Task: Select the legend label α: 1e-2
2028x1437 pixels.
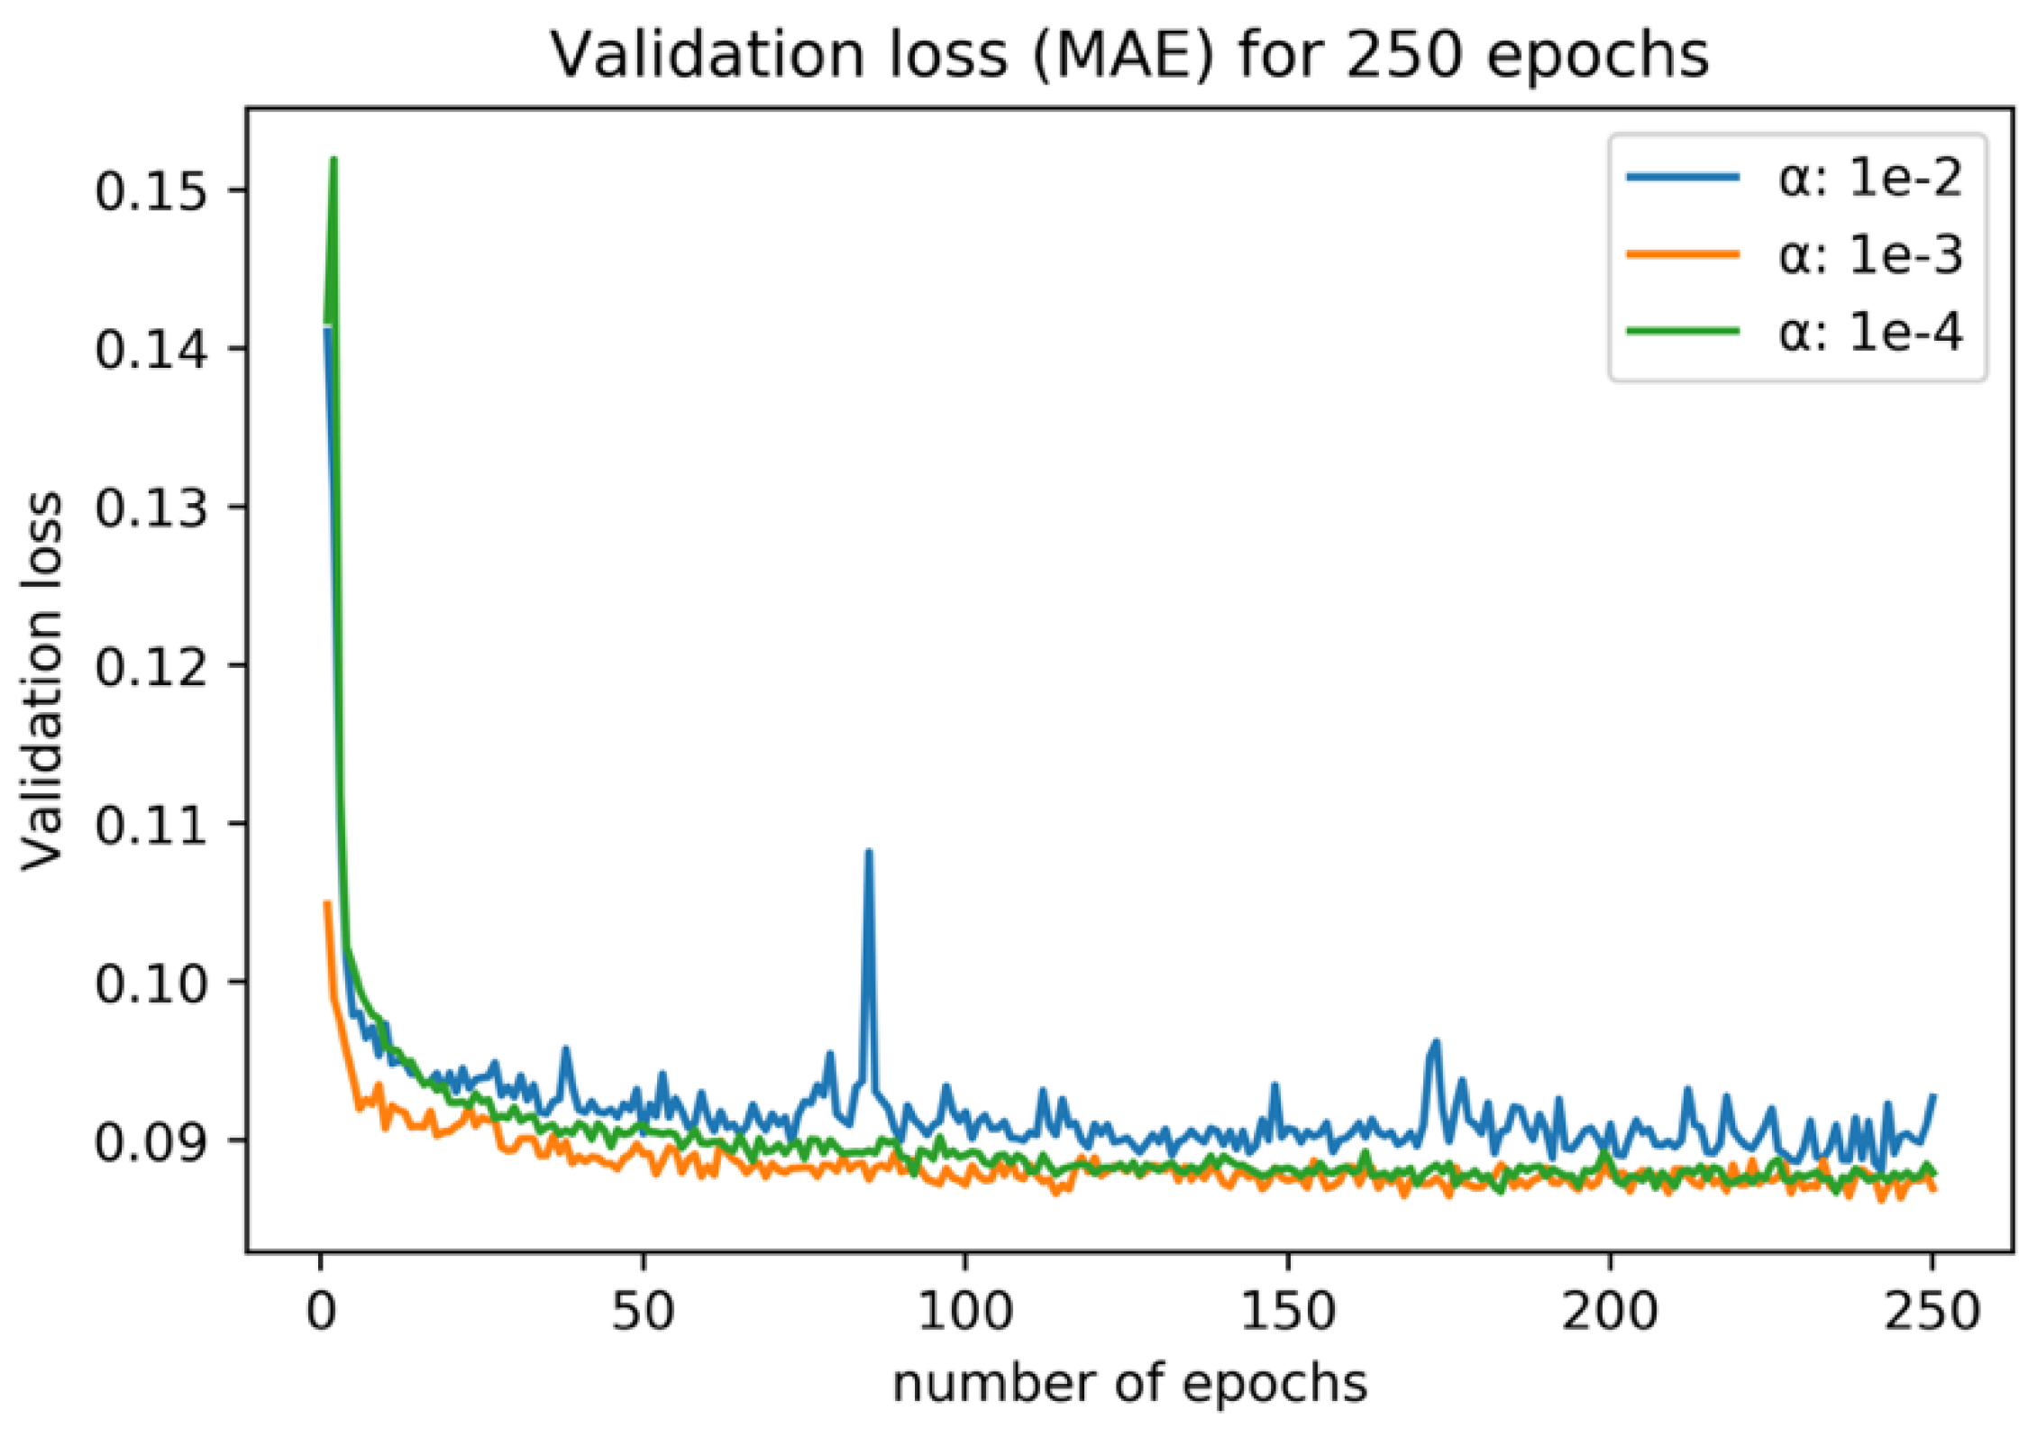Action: (x=1869, y=178)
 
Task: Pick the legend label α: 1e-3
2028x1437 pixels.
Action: (x=1869, y=255)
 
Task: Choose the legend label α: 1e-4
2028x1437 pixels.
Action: (x=1869, y=332)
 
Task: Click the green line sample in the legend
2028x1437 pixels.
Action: (x=1682, y=332)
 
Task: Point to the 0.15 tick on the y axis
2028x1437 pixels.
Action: (x=150, y=191)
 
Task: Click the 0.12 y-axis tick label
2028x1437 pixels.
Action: (x=150, y=667)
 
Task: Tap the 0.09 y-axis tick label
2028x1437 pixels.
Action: (x=150, y=1142)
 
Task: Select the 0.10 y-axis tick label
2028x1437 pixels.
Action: (x=150, y=984)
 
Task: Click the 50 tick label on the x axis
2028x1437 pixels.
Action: (x=642, y=1312)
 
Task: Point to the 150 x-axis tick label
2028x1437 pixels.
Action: (x=1286, y=1312)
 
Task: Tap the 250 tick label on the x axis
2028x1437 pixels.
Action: (x=1932, y=1312)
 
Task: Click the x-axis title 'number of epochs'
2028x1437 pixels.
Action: (x=1129, y=1384)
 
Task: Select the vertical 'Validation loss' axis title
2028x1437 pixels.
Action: (x=43, y=682)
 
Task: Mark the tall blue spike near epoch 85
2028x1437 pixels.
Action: (x=868, y=852)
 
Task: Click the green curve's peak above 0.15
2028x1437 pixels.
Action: (x=333, y=160)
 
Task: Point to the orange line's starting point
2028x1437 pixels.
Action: (x=327, y=902)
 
